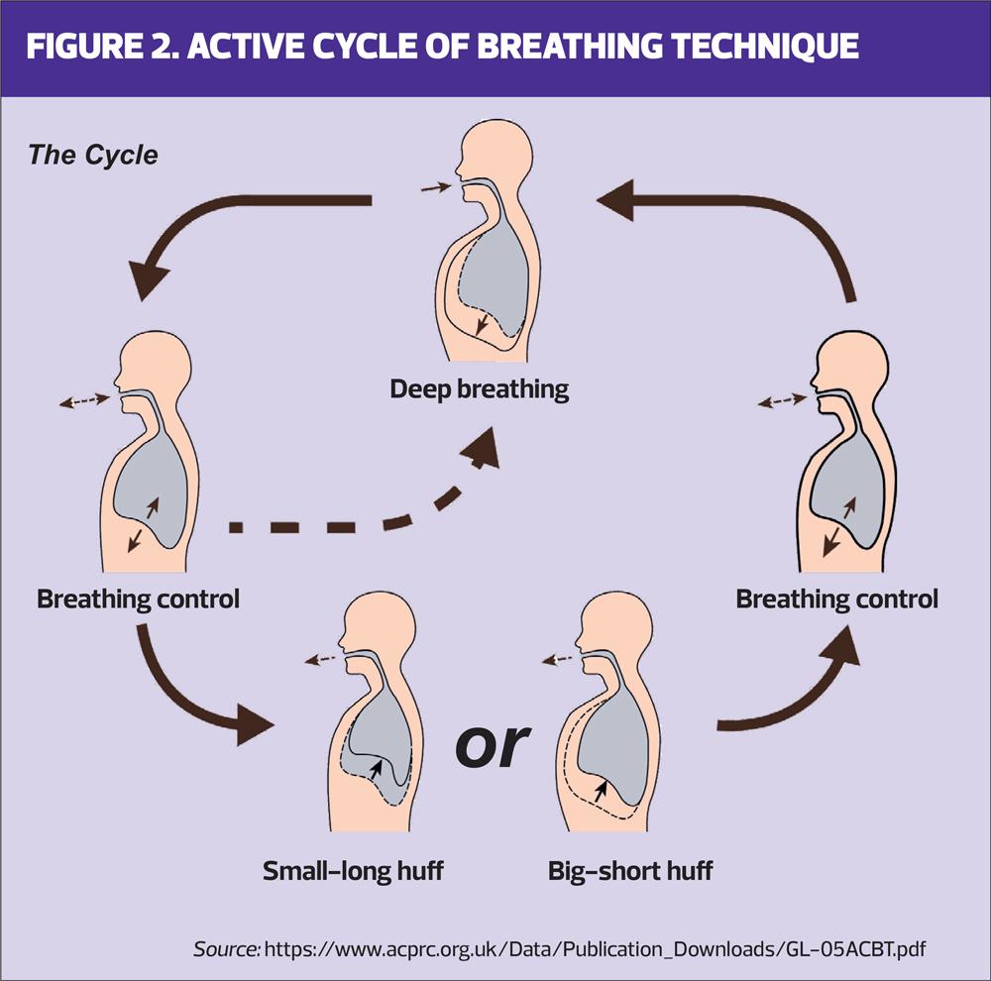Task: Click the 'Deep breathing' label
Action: (480, 387)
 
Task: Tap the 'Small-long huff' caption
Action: (353, 871)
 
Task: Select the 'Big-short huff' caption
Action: (630, 871)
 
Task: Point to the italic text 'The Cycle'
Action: (92, 156)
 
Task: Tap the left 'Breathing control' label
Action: (138, 599)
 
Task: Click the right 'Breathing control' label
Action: (836, 599)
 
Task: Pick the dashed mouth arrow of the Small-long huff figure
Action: (319, 658)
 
